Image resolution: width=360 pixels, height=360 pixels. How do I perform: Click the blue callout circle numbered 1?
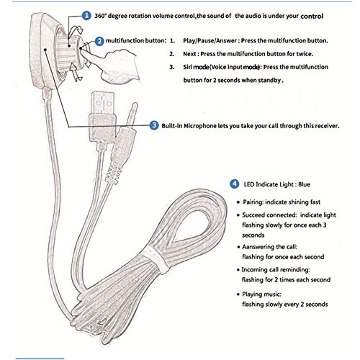[x=86, y=16]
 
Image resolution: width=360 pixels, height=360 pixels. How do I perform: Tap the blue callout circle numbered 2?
[x=99, y=41]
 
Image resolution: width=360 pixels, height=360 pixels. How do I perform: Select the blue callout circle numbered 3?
[x=154, y=125]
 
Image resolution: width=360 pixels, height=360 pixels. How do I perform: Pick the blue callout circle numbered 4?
[x=235, y=184]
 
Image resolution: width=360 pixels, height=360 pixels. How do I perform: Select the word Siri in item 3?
[x=188, y=67]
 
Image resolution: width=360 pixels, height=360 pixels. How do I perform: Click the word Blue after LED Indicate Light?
[x=304, y=184]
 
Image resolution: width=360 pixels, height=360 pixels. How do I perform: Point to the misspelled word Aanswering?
[x=255, y=247]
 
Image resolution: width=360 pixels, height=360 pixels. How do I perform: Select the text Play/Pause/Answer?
[x=210, y=40]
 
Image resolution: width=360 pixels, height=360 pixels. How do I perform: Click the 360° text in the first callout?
[x=101, y=16]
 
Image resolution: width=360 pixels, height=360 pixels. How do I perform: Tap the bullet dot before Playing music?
[x=238, y=294]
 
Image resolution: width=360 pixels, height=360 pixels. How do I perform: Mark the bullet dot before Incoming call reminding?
[x=238, y=270]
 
